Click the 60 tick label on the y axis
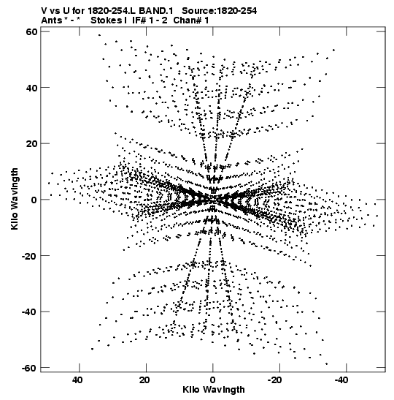click(32, 31)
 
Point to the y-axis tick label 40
click(32, 88)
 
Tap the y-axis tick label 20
click(32, 143)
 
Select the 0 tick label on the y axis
click(34, 200)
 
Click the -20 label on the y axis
click(30, 256)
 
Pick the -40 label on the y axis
click(30, 312)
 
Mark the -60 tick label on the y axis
click(30, 368)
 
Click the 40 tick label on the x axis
click(77, 380)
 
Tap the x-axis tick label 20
click(144, 380)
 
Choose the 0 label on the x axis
click(212, 380)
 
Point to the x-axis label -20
click(274, 380)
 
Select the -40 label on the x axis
click(341, 380)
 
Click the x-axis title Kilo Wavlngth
click(214, 390)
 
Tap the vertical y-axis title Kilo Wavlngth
click(15, 199)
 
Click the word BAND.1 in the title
click(156, 11)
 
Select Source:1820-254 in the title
click(220, 11)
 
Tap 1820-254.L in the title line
click(112, 11)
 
